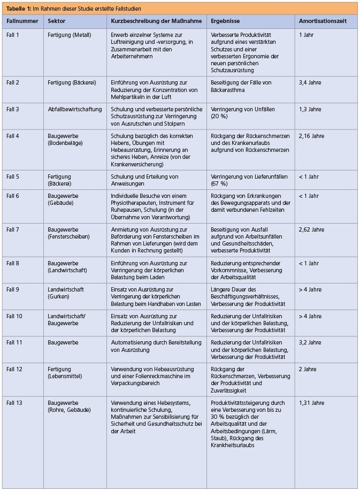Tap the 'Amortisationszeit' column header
(x=323, y=21)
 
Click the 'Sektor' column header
(x=56, y=21)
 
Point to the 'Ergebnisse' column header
(x=225, y=21)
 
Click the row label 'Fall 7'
(x=13, y=229)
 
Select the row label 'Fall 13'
(x=14, y=403)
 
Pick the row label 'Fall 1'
(x=13, y=35)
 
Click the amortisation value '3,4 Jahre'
(x=310, y=83)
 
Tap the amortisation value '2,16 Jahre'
(x=312, y=136)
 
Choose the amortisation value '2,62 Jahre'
(x=312, y=229)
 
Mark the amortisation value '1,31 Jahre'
(x=312, y=403)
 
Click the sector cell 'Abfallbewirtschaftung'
(x=75, y=110)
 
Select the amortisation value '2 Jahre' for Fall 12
(x=309, y=370)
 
